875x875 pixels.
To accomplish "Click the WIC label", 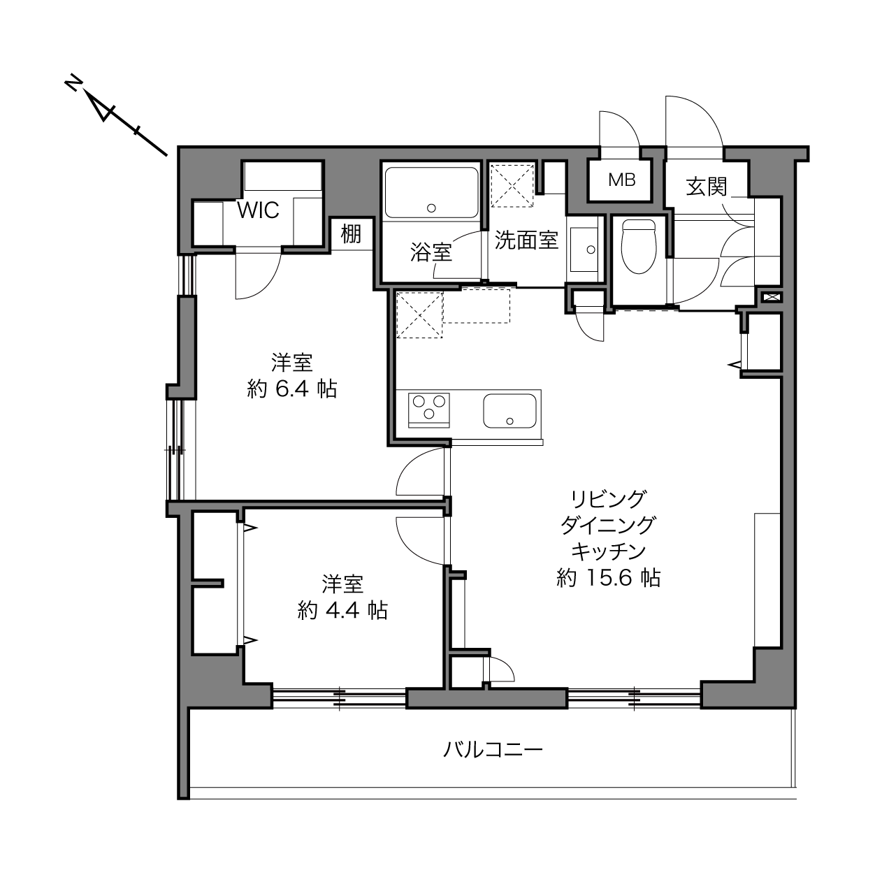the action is point(258,210).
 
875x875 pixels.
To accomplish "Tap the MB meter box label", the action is point(621,180).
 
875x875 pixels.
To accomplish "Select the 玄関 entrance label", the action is point(707,187).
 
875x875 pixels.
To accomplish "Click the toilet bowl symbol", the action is point(639,247).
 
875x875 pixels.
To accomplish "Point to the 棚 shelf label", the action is point(351,234).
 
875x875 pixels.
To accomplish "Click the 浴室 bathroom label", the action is point(431,252).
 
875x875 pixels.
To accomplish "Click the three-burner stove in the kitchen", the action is point(428,410).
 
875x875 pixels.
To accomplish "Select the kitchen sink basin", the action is point(509,410).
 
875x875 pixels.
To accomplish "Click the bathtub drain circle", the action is point(431,208).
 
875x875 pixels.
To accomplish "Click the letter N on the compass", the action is point(73,85).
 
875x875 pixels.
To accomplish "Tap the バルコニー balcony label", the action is point(493,750).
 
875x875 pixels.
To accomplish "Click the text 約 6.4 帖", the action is point(292,389).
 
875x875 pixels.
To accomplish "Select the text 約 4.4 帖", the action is point(342,611).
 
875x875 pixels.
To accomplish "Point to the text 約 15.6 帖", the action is point(609,578).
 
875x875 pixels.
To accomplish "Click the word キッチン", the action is point(609,551).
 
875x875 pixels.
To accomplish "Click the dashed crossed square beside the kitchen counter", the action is point(419,315).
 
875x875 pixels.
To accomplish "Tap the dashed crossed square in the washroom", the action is point(512,185).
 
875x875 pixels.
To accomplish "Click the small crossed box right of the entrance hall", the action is point(772,298).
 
